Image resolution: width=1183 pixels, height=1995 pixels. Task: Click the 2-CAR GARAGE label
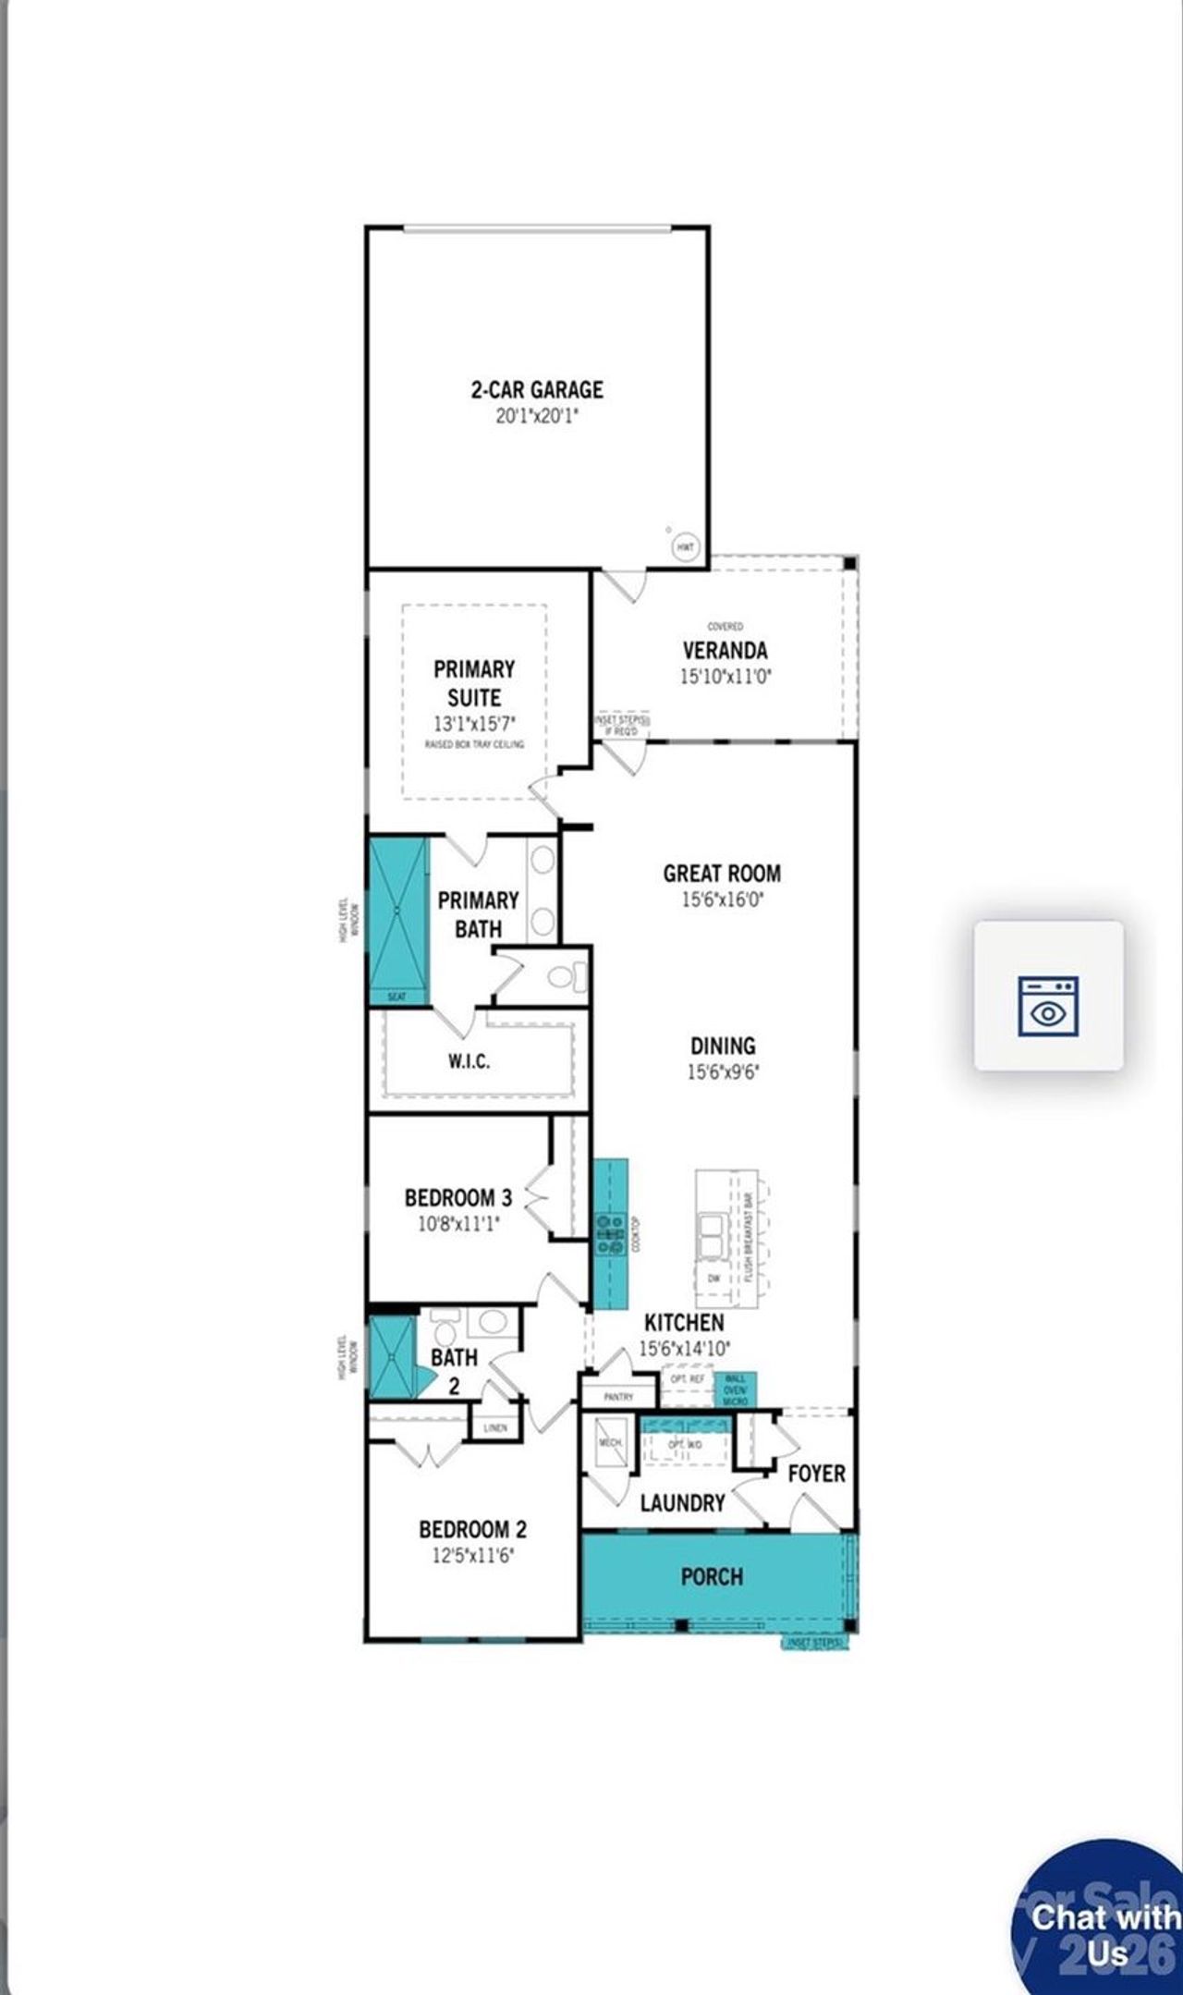pos(536,389)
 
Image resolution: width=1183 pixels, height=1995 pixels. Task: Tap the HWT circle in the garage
pos(685,547)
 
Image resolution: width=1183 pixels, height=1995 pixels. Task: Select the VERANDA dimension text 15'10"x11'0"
pos(726,676)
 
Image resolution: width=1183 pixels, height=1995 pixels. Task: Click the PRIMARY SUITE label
pos(474,683)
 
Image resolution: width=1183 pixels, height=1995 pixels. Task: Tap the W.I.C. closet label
pos(470,1061)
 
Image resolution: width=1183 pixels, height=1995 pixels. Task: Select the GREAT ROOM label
pos(722,874)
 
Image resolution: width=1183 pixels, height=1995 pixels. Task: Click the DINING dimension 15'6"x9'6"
pos(723,1072)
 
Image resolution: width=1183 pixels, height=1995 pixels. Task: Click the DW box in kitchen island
pos(713,1279)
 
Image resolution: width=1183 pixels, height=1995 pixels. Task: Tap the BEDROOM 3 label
pos(458,1198)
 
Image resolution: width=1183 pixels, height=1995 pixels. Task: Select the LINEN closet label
pos(495,1428)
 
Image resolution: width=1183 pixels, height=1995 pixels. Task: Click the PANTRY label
pos(618,1397)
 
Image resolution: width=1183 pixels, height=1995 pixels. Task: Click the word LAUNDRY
pos(682,1503)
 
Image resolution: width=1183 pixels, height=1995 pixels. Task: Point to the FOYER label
pos(816,1474)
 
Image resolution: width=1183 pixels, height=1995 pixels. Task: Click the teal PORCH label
pos(712,1576)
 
